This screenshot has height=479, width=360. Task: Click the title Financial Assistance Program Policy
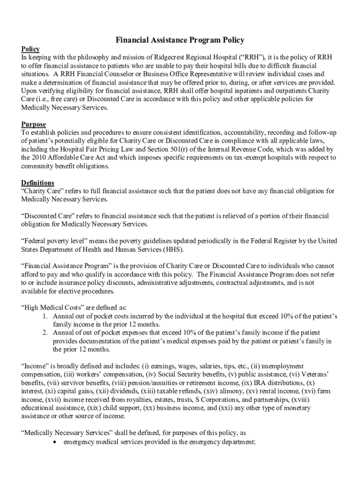click(x=180, y=40)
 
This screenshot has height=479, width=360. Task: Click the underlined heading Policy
click(x=30, y=49)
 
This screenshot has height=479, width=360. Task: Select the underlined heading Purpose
click(x=34, y=124)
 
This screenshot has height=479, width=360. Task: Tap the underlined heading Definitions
click(x=38, y=182)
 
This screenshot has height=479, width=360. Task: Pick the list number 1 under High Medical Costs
click(x=45, y=316)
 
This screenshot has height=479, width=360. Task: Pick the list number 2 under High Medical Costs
click(x=45, y=333)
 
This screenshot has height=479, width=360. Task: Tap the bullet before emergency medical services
click(x=56, y=441)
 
